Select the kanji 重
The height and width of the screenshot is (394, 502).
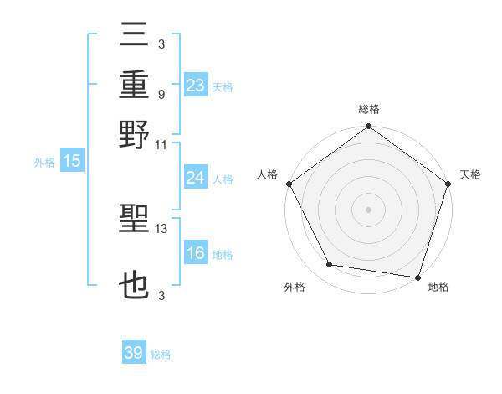pyautogui.click(x=135, y=86)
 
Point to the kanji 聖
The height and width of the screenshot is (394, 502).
pyautogui.click(x=135, y=224)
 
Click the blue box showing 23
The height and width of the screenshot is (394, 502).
pyautogui.click(x=196, y=85)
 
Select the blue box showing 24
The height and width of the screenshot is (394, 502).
pyautogui.click(x=196, y=178)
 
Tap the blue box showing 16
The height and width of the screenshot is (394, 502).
pyautogui.click(x=196, y=253)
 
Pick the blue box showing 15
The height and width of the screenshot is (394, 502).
pyautogui.click(x=72, y=162)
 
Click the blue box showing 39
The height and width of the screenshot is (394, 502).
pyautogui.click(x=134, y=353)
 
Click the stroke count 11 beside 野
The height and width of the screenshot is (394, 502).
pyautogui.click(x=161, y=144)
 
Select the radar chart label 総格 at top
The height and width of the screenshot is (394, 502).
pyautogui.click(x=369, y=109)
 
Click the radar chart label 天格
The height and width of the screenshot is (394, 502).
pyautogui.click(x=470, y=174)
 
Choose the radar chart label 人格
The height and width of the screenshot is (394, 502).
pyautogui.click(x=267, y=174)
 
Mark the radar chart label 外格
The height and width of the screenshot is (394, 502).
pyautogui.click(x=295, y=287)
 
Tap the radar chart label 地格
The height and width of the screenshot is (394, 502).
pyautogui.click(x=438, y=287)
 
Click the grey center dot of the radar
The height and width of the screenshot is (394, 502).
pyautogui.click(x=369, y=209)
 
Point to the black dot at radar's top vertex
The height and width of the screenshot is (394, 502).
pyautogui.click(x=369, y=127)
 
